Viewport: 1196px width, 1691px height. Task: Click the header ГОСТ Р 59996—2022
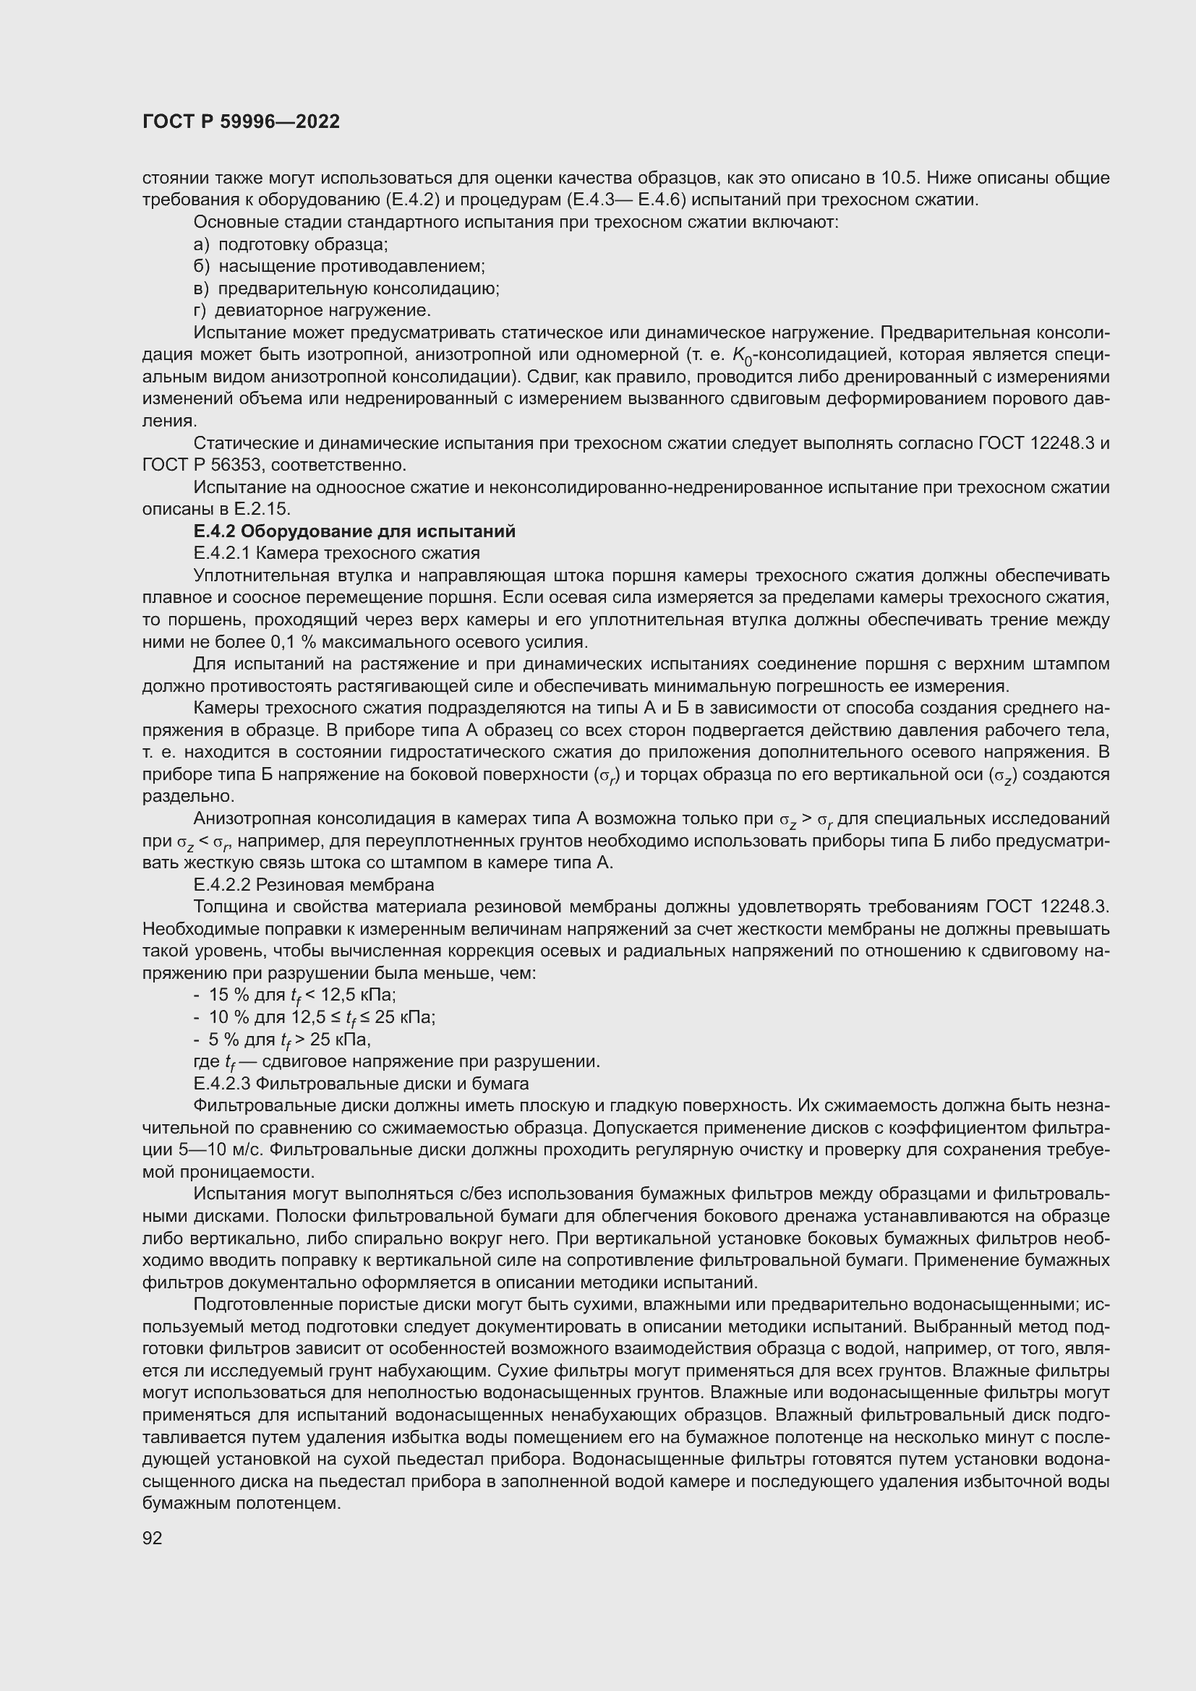click(x=241, y=122)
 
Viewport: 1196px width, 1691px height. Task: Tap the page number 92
click(x=152, y=1538)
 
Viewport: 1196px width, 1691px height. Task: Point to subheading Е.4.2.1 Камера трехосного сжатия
click(x=336, y=553)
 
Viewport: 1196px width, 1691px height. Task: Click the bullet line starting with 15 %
click(x=294, y=995)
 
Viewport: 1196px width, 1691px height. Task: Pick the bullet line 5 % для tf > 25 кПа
click(x=282, y=1039)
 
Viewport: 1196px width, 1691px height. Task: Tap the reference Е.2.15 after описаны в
click(x=262, y=509)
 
